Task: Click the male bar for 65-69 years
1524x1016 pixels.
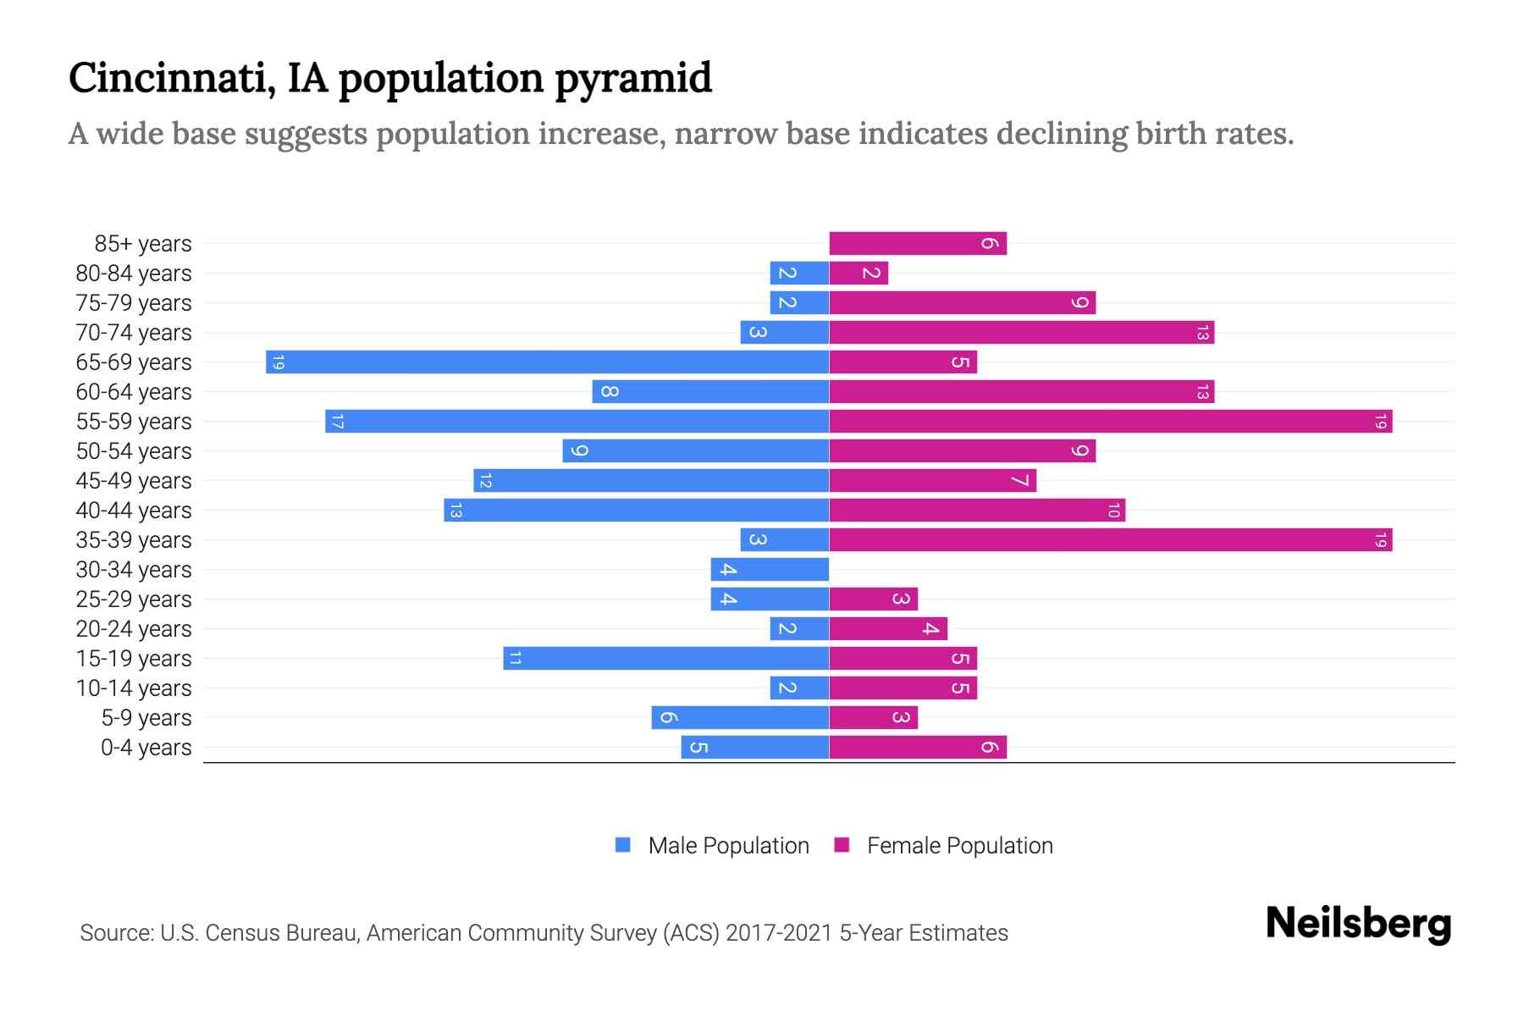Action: [547, 362]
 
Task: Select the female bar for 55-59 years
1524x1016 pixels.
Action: [1110, 421]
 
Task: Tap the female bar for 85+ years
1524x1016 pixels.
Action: [917, 244]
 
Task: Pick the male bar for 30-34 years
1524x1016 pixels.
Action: [770, 569]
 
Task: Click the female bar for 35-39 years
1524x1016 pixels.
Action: [1110, 539]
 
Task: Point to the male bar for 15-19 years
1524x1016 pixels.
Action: [665, 658]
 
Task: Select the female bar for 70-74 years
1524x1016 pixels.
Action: [1021, 333]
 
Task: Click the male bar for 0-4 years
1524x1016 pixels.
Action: [754, 747]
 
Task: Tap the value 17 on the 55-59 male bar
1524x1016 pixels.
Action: [337, 422]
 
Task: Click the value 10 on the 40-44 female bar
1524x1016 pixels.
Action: [1113, 511]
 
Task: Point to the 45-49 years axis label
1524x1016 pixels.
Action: [134, 481]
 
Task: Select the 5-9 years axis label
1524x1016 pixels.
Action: [146, 718]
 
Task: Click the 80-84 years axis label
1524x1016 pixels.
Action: [134, 273]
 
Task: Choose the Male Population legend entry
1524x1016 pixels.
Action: [727, 845]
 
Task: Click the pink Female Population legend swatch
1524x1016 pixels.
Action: [842, 845]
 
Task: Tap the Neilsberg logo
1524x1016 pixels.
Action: [1358, 924]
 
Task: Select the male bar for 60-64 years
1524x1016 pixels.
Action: [710, 391]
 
